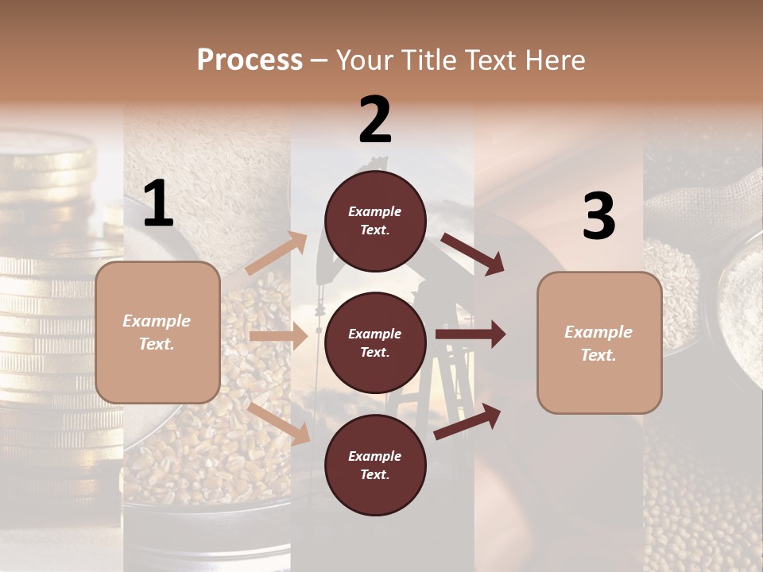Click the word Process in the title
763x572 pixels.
pyautogui.click(x=250, y=60)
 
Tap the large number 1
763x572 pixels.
pyautogui.click(x=158, y=204)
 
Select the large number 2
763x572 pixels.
pyautogui.click(x=375, y=120)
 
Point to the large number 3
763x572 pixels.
pyautogui.click(x=598, y=216)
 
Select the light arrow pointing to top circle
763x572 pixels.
pyautogui.click(x=276, y=254)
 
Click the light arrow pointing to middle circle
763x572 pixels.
pyautogui.click(x=278, y=336)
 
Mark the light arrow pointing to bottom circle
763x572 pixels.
pyautogui.click(x=278, y=423)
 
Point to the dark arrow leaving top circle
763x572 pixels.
pyautogui.click(x=472, y=253)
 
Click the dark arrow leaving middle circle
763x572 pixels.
pyautogui.click(x=470, y=334)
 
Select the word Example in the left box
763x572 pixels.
pyautogui.click(x=157, y=321)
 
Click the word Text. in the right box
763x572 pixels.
pyautogui.click(x=598, y=355)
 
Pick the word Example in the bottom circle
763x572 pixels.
pyautogui.click(x=375, y=456)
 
